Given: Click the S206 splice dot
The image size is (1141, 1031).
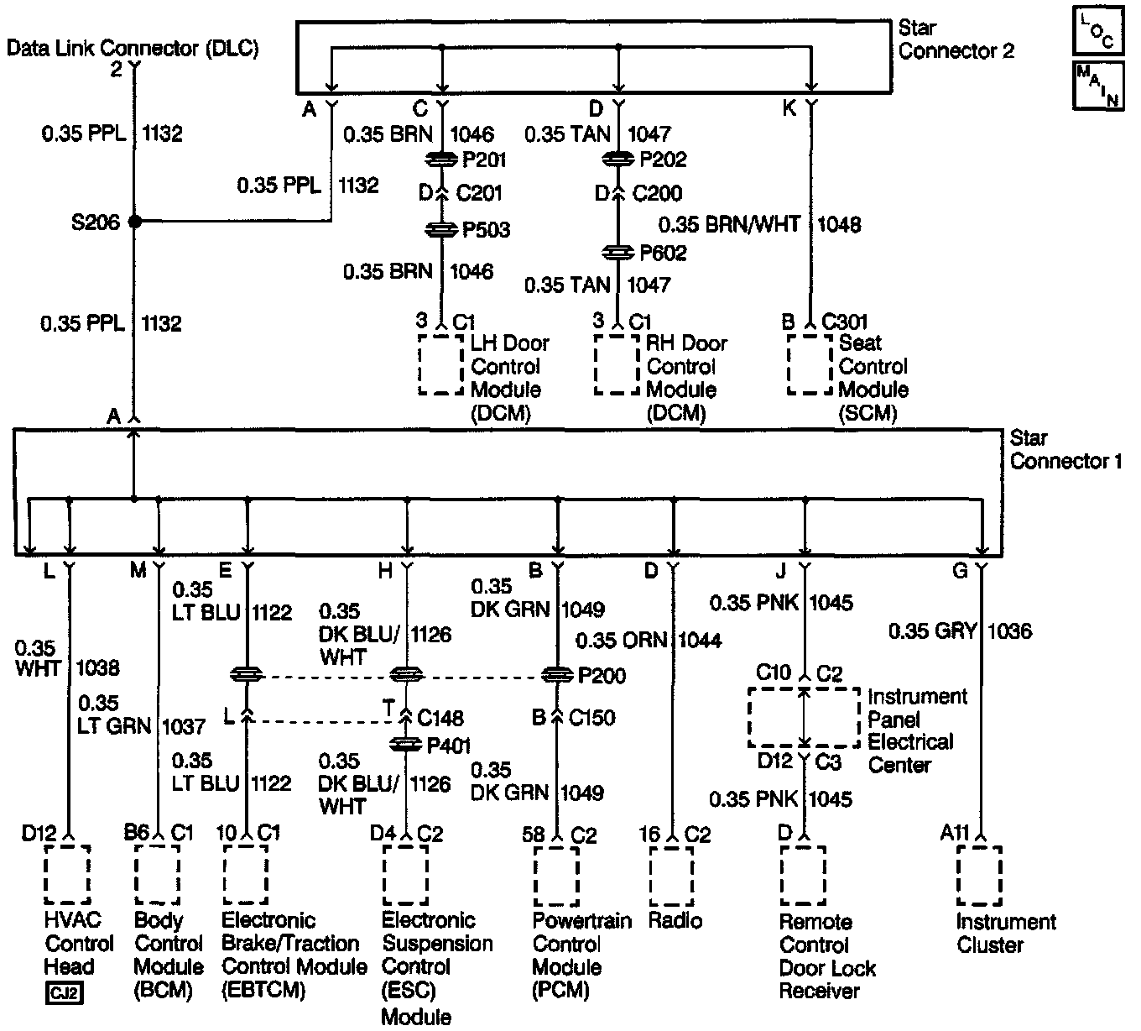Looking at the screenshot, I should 134,222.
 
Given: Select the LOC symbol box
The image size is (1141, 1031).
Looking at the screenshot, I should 1097,31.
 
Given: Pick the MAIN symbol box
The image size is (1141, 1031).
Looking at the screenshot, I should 1097,85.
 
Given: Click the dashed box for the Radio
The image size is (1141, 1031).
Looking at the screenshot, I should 671,876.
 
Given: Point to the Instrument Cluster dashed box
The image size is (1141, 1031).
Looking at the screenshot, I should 979,876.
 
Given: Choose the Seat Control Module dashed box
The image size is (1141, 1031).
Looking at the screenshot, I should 809,364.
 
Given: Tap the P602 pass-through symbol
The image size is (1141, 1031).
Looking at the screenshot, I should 617,252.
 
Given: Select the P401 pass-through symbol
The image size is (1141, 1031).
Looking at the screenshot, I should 407,745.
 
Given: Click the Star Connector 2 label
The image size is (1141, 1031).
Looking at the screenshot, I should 956,39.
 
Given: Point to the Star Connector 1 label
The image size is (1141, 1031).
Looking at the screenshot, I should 1065,449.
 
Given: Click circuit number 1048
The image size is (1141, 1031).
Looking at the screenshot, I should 839,224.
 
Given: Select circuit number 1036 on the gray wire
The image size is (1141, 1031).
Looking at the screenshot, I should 1010,631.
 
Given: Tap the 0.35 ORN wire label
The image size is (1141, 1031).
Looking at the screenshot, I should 622,641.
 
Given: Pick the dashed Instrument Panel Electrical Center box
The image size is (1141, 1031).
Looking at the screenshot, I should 804,718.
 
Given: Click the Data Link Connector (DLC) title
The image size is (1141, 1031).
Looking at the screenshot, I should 133,48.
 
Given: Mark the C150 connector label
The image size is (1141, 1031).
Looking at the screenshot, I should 591,718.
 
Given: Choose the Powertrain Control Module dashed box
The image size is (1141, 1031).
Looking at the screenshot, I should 556,876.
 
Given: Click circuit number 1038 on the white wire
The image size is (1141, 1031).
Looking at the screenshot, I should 97,668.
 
